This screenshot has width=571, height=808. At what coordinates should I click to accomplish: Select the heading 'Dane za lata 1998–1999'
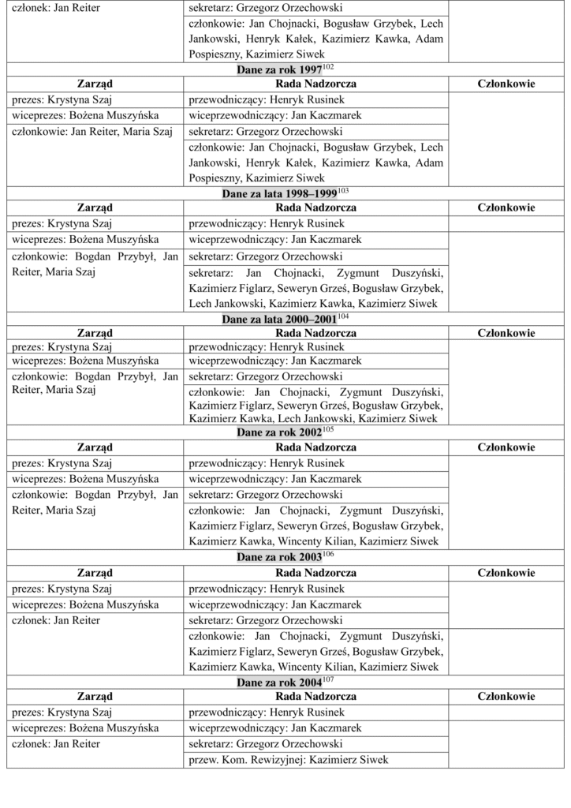click(279, 193)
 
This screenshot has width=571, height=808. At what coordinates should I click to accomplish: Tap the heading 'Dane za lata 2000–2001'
click(279, 320)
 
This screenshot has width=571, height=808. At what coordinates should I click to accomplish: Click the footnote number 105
click(330, 430)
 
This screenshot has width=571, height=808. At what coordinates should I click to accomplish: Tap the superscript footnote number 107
click(330, 679)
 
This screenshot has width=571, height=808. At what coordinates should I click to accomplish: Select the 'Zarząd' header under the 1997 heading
click(95, 84)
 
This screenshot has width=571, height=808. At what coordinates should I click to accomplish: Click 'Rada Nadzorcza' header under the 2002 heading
click(315, 447)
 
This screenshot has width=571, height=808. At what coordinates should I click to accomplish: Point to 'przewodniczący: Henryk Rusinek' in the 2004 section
click(267, 713)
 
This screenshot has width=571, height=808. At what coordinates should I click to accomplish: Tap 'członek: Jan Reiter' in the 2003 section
click(55, 620)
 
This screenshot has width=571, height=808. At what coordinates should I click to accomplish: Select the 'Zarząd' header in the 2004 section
click(95, 697)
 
